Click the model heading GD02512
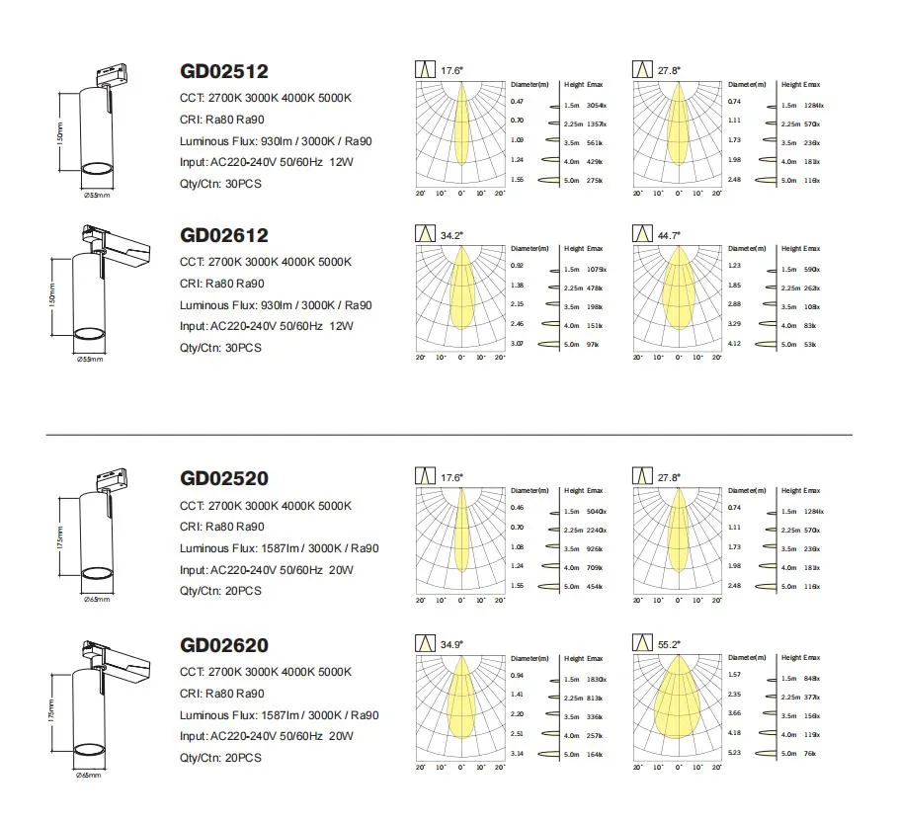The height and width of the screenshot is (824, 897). [x=223, y=71]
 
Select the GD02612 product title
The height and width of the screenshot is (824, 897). [x=223, y=235]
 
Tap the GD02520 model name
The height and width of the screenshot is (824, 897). [x=223, y=479]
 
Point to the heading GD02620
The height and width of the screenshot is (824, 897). [x=223, y=646]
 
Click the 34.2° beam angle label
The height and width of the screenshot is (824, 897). [x=451, y=235]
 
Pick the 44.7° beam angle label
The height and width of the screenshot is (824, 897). [x=669, y=235]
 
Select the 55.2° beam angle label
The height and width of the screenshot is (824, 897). [x=669, y=644]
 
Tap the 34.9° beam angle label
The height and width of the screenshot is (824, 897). [x=451, y=644]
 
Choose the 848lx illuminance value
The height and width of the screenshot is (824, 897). [x=813, y=679]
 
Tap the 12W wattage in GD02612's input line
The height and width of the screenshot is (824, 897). [x=340, y=326]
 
